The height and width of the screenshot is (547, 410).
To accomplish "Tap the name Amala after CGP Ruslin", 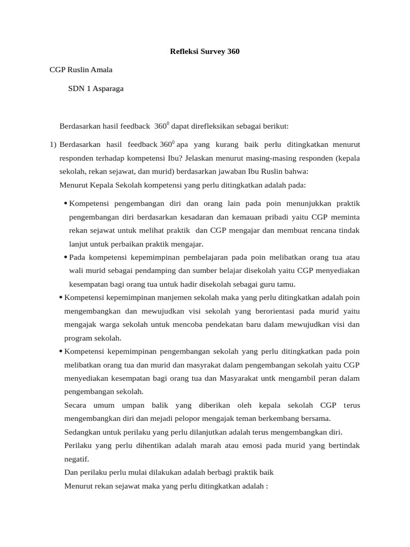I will pos(100,69).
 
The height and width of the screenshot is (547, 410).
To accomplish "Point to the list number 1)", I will pos(53,145).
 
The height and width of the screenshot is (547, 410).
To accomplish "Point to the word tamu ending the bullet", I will pos(284,284).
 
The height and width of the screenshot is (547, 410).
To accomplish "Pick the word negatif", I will pos(76,459).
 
